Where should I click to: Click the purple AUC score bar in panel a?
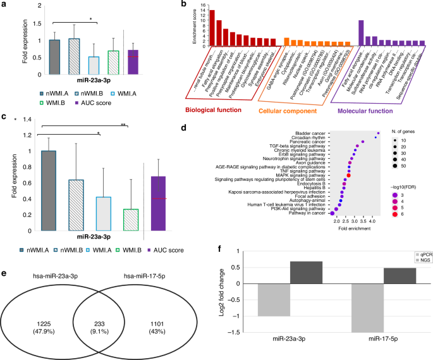tap(133, 62)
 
